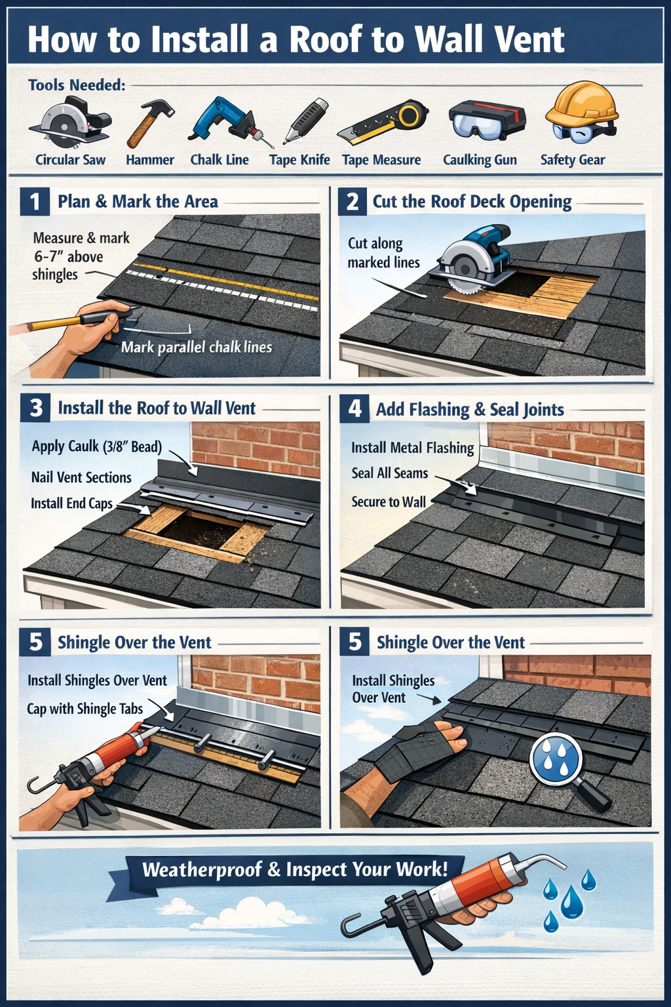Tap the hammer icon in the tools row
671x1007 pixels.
[x=150, y=123]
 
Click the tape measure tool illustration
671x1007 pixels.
[x=383, y=123]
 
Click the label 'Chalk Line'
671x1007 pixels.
[x=220, y=160]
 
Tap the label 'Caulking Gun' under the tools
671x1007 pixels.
[x=480, y=160]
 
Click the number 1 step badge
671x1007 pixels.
[x=35, y=201]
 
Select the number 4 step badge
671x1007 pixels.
[x=355, y=408]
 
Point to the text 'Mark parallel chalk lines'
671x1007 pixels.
[x=196, y=347]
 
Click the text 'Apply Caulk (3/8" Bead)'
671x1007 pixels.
[x=96, y=446]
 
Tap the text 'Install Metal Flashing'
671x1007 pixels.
[x=412, y=448]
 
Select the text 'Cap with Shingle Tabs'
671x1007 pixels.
[x=85, y=709]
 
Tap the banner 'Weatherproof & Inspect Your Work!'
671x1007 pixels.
[x=295, y=870]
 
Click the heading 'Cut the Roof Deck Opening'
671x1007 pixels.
[x=472, y=201]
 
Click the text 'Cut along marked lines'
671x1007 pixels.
[x=383, y=253]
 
